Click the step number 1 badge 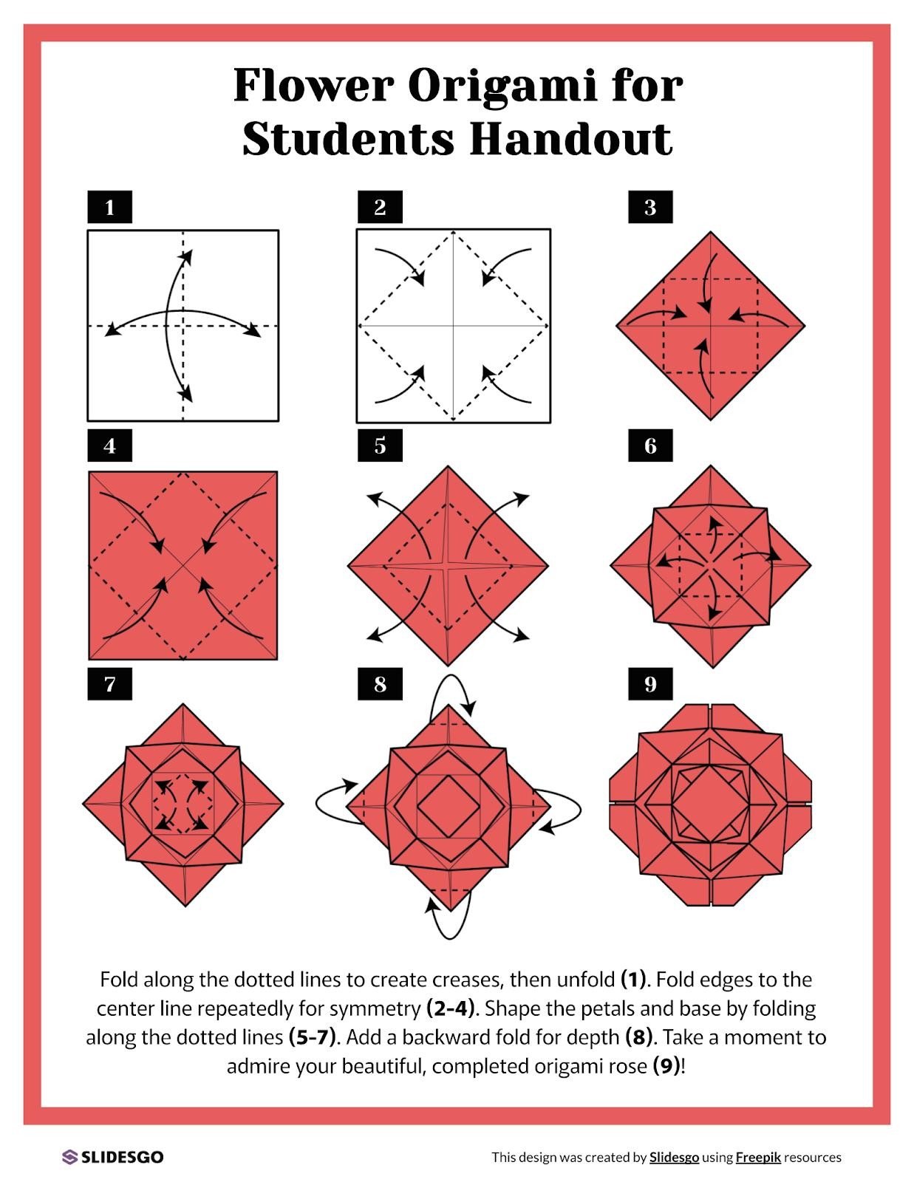pyautogui.click(x=109, y=208)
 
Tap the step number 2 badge pyautogui.click(x=380, y=208)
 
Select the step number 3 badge pyautogui.click(x=650, y=208)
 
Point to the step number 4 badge pyautogui.click(x=109, y=446)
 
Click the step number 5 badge pyautogui.click(x=380, y=446)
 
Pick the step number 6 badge pyautogui.click(x=650, y=446)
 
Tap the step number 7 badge pyautogui.click(x=109, y=684)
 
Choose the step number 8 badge pyautogui.click(x=380, y=684)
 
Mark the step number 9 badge pyautogui.click(x=650, y=684)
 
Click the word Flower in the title pyautogui.click(x=313, y=86)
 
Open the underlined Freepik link pyautogui.click(x=758, y=1158)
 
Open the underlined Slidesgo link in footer pyautogui.click(x=674, y=1158)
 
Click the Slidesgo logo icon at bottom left pyautogui.click(x=70, y=1157)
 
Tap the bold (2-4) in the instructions pyautogui.click(x=450, y=1008)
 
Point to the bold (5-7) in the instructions pyautogui.click(x=310, y=1037)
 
